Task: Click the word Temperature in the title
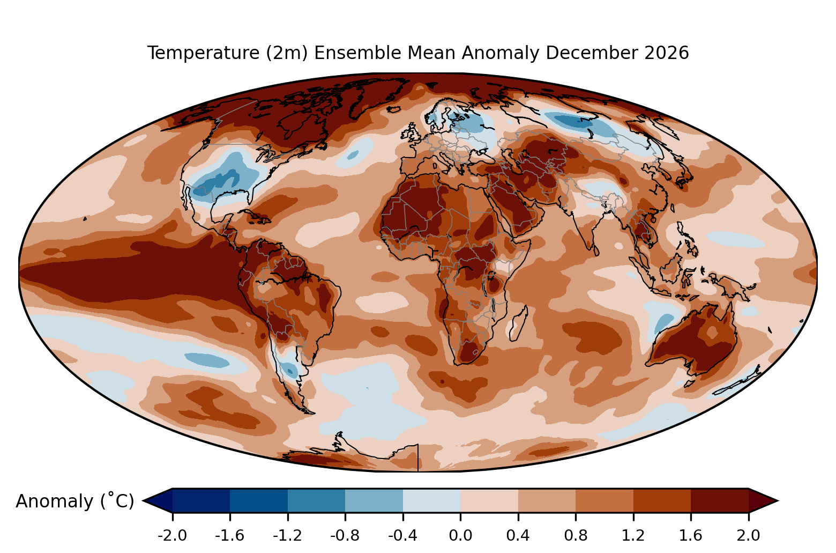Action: point(203,53)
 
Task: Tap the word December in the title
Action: point(592,53)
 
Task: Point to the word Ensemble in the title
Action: point(357,53)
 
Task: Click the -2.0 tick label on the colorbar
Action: point(172,536)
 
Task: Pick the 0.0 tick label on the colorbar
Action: point(460,536)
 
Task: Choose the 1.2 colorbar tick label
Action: point(633,536)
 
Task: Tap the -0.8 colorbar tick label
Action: point(345,536)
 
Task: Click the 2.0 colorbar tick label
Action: point(748,536)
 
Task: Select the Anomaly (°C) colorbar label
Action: point(74,500)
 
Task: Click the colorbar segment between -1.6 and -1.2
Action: point(259,500)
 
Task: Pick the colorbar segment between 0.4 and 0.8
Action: point(547,500)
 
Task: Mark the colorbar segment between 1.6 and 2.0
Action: point(720,500)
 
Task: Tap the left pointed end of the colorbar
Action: point(144,500)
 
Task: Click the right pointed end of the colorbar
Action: point(778,500)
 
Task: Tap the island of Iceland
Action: point(394,109)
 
